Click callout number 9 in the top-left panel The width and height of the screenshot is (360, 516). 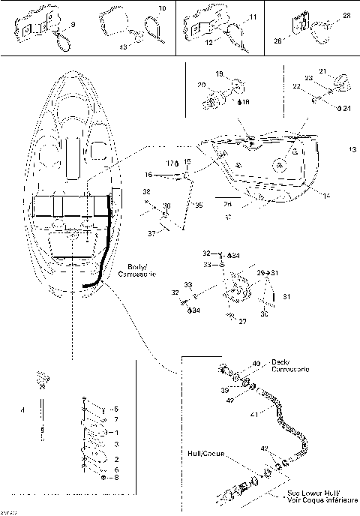73,26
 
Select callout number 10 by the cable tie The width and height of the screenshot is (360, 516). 161,8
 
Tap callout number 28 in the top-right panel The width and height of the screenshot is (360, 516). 346,16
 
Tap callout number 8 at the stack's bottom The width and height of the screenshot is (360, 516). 117,477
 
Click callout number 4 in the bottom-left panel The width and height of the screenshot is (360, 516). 22,409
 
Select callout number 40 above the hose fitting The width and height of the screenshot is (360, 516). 256,364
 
